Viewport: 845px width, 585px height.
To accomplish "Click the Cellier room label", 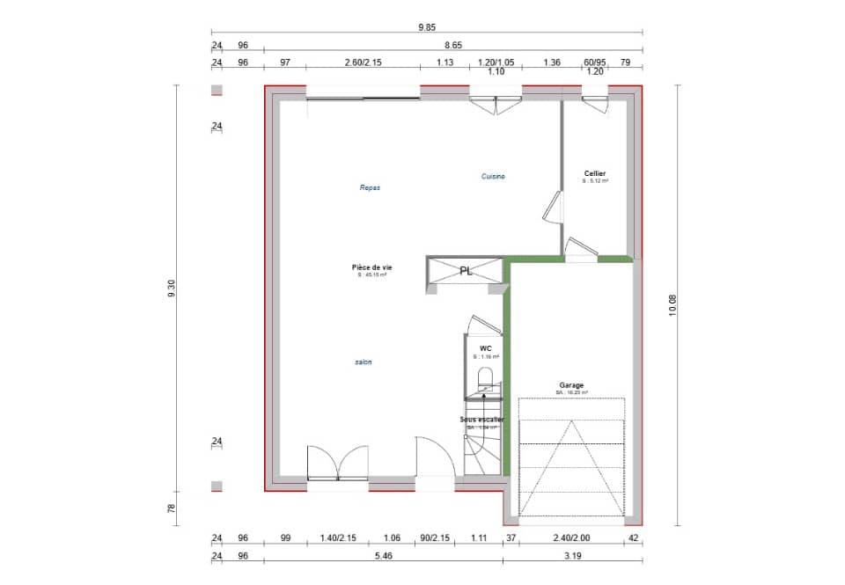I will pyautogui.click(x=595, y=174).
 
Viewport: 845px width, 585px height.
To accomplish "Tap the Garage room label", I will pyautogui.click(x=571, y=385).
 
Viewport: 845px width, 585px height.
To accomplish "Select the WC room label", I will pyautogui.click(x=485, y=348).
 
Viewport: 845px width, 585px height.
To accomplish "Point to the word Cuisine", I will pyautogui.click(x=493, y=177).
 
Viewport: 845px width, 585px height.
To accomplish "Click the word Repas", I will pyautogui.click(x=370, y=187).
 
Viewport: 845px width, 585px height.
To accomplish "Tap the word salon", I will pyautogui.click(x=364, y=362).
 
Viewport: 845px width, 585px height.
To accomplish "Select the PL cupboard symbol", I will pyautogui.click(x=467, y=271).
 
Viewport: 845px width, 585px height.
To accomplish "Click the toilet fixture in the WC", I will pyautogui.click(x=485, y=379).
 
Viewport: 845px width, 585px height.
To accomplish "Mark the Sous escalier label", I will pyautogui.click(x=482, y=420).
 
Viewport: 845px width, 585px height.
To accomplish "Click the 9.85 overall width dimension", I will pyautogui.click(x=427, y=27).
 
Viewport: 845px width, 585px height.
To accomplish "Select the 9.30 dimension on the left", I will pyautogui.click(x=172, y=289).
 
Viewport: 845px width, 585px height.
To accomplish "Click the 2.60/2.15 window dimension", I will pyautogui.click(x=363, y=62).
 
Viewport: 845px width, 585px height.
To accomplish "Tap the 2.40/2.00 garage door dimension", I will pyautogui.click(x=571, y=537).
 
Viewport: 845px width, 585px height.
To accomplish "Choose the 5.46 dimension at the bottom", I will pyautogui.click(x=383, y=557).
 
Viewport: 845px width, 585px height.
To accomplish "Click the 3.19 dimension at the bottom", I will pyautogui.click(x=573, y=557).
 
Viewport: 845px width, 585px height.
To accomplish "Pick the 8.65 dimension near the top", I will pyautogui.click(x=453, y=44).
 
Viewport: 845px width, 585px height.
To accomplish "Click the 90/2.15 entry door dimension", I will pyautogui.click(x=435, y=537).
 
